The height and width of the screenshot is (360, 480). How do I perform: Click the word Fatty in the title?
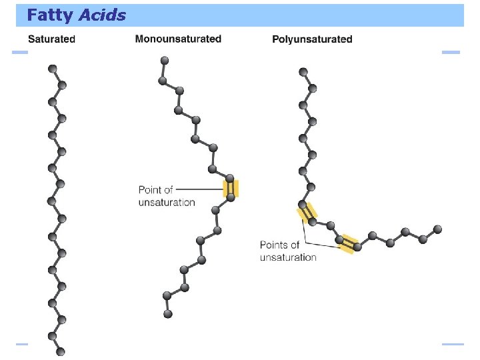click(49, 15)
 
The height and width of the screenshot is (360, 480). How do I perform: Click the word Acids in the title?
click(101, 15)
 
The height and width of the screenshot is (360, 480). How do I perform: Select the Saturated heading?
click(51, 39)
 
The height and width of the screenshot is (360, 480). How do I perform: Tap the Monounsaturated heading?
click(178, 39)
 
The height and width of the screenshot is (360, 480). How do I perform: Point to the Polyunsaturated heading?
click(312, 39)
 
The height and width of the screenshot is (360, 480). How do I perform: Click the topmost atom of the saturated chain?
click(52, 69)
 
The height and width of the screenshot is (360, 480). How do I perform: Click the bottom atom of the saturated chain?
click(61, 351)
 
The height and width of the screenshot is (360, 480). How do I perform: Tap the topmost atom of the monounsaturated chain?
click(162, 61)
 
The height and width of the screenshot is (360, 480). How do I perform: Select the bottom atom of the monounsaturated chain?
click(168, 313)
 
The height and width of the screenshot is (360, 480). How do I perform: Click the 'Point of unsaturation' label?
click(166, 196)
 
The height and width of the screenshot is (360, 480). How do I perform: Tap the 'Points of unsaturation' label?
click(288, 251)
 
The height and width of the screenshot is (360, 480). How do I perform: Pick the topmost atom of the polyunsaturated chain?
click(303, 72)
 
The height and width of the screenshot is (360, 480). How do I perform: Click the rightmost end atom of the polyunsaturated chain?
click(437, 229)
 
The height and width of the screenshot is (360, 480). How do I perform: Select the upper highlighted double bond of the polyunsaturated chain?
click(307, 213)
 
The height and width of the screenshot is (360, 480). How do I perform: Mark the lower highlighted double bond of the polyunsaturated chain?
click(348, 243)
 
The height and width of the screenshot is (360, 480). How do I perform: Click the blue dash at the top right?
click(451, 52)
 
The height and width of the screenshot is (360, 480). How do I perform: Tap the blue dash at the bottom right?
click(452, 344)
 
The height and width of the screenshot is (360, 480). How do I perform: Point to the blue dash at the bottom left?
click(22, 344)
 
